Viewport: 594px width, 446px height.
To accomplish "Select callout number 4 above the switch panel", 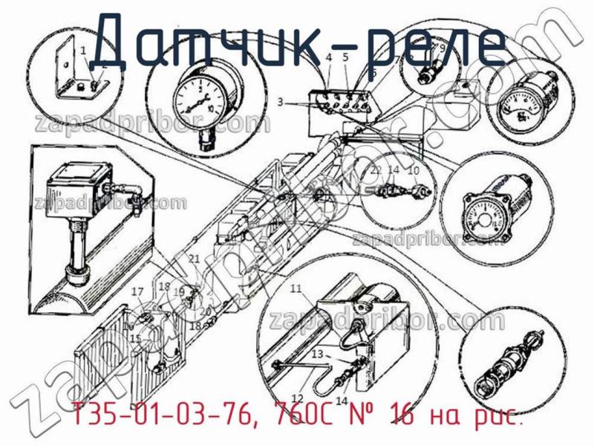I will [327, 56].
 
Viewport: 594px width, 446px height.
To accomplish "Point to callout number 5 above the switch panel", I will [345, 56].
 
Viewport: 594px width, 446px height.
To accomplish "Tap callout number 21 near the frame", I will [194, 259].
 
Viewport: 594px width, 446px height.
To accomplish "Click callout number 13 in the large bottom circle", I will [317, 354].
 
